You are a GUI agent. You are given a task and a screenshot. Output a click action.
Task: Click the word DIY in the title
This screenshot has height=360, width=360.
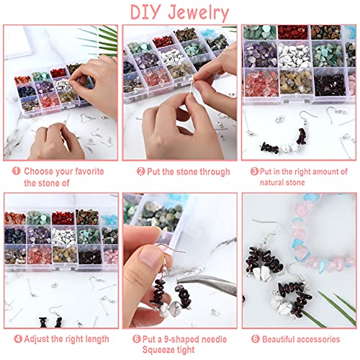pos(146,12)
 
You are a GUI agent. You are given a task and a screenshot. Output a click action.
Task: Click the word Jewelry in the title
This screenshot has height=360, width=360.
pos(198,13)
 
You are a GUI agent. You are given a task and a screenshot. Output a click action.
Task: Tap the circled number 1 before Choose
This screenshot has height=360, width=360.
pos(17,171)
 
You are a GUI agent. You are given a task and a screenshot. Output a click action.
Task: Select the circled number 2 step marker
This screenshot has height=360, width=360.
pos(141,171)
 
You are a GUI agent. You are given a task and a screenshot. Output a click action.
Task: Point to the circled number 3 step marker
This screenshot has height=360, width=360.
pos(254,171)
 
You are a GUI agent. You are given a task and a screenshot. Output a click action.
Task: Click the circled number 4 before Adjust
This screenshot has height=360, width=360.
pos(18,339)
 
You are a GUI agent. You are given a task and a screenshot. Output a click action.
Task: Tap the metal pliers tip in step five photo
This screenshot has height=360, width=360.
pos(178,280)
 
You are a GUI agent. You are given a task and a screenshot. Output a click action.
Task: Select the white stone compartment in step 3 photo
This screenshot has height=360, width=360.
pos(294,55)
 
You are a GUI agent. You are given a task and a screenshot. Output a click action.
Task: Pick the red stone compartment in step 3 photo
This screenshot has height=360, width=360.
pos(293,32)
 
